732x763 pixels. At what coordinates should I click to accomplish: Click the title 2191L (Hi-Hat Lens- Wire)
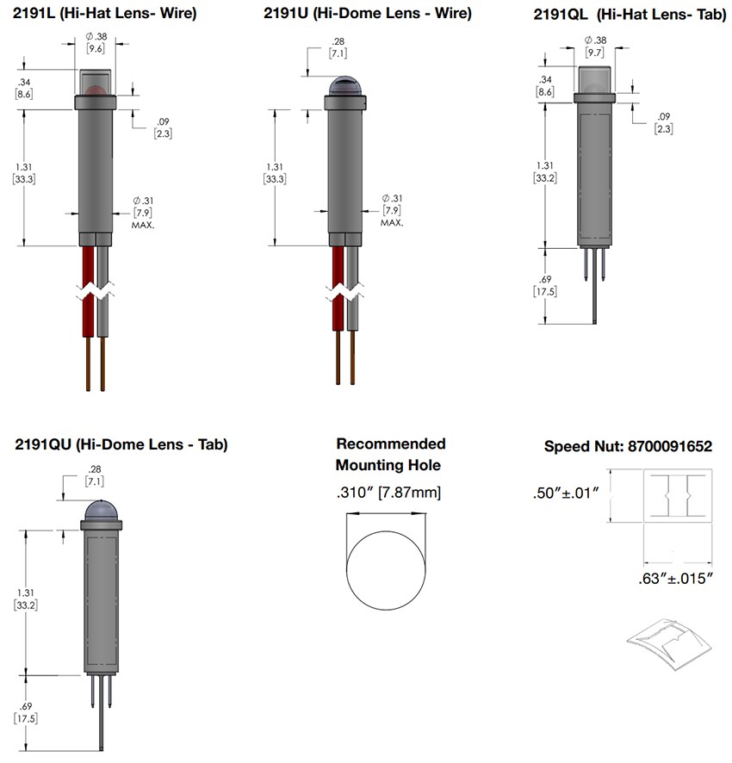coord(104,14)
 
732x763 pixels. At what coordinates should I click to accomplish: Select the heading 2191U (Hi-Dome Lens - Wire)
coord(368,14)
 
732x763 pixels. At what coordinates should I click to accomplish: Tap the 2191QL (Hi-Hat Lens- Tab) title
coord(626,14)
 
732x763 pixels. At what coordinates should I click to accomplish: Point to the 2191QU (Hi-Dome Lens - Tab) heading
coord(121,445)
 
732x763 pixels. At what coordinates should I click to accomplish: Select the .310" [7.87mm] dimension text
coord(388,493)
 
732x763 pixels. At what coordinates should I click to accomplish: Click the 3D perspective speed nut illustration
coord(670,649)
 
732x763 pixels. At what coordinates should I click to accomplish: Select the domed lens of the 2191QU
coord(102,511)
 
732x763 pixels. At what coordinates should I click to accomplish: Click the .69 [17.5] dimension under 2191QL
coord(544,286)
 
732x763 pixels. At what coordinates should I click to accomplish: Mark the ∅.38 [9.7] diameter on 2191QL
coord(594,47)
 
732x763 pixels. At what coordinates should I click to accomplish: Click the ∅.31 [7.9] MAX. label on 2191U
coord(393,210)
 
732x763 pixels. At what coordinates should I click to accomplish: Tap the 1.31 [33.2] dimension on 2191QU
coord(26,599)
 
